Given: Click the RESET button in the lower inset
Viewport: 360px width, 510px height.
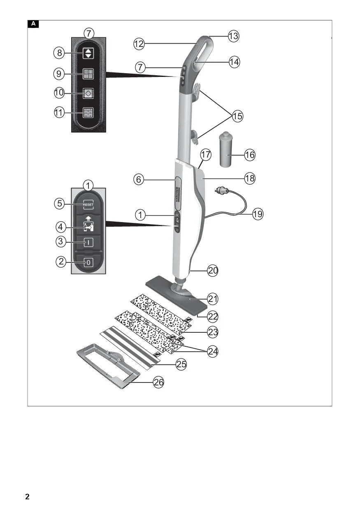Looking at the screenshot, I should pyautogui.click(x=88, y=204).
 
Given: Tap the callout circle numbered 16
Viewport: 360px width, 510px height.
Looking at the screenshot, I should pyautogui.click(x=249, y=155).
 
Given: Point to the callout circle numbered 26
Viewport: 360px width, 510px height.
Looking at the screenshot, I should pyautogui.click(x=158, y=382).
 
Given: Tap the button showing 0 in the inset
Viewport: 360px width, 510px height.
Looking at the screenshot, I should pyautogui.click(x=88, y=262).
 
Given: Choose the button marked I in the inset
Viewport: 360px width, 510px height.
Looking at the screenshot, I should pyautogui.click(x=88, y=242).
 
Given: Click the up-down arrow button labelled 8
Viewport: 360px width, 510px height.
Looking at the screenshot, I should pyautogui.click(x=88, y=53).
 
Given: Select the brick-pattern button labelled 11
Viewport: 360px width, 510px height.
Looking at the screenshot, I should pyautogui.click(x=88, y=112).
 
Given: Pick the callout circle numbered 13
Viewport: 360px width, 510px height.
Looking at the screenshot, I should pyautogui.click(x=233, y=36).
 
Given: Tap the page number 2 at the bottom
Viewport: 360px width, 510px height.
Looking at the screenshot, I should pyautogui.click(x=27, y=496).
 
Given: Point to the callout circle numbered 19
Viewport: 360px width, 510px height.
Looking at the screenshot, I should pyautogui.click(x=258, y=214).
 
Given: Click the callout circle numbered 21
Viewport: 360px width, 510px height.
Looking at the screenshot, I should pyautogui.click(x=213, y=298).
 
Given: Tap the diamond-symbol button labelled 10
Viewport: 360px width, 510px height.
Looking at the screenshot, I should pyautogui.click(x=88, y=93).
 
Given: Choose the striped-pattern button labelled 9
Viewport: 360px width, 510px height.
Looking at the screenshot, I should pyautogui.click(x=88, y=74).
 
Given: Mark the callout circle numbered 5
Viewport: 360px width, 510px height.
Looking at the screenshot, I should pyautogui.click(x=60, y=203).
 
